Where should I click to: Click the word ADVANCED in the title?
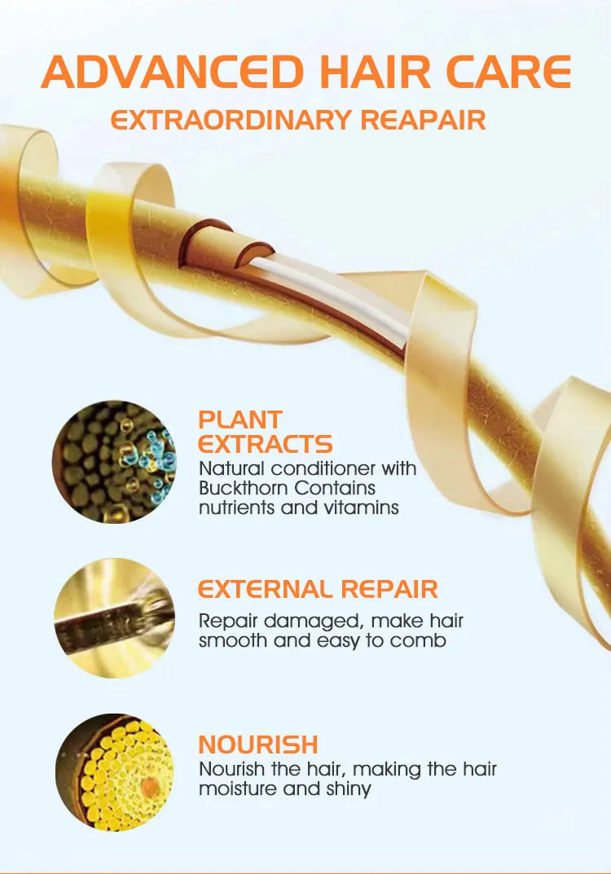(173, 72)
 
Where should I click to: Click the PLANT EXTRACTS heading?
(265, 432)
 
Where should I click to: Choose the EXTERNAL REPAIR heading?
(318, 588)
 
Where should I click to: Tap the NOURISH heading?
(257, 744)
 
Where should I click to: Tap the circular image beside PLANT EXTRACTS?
(114, 462)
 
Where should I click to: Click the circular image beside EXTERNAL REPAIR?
(114, 618)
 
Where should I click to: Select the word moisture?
(238, 788)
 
